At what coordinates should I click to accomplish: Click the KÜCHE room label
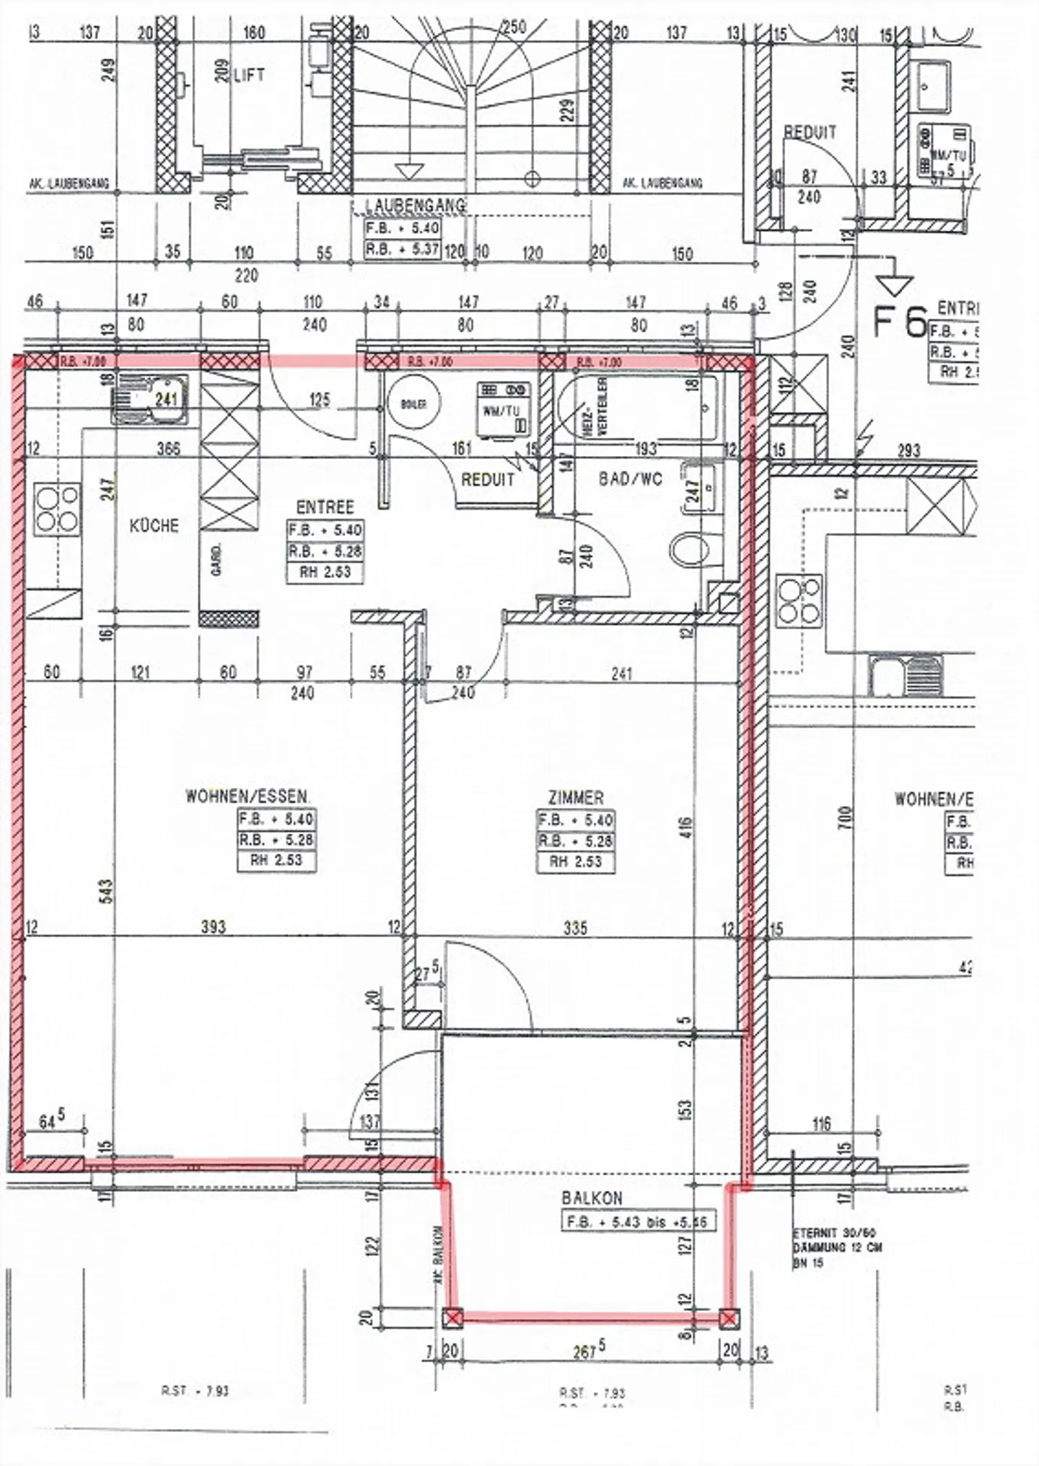point(154,525)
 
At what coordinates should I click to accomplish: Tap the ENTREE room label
point(325,506)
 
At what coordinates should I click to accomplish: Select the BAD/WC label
point(630,478)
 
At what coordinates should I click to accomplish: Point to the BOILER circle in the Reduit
point(413,404)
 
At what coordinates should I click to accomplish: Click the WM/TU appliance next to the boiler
point(504,410)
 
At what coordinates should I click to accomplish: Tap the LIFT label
point(249,75)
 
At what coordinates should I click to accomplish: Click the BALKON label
point(592,1198)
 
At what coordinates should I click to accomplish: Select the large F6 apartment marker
point(899,322)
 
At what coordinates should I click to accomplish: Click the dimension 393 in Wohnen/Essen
point(213,926)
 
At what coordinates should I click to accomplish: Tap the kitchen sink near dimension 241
point(149,398)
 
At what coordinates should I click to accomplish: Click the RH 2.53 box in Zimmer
point(575,861)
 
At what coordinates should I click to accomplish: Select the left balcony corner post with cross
point(452,1318)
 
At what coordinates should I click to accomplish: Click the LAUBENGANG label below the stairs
point(416,206)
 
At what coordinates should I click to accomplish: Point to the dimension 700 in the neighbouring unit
point(845,818)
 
